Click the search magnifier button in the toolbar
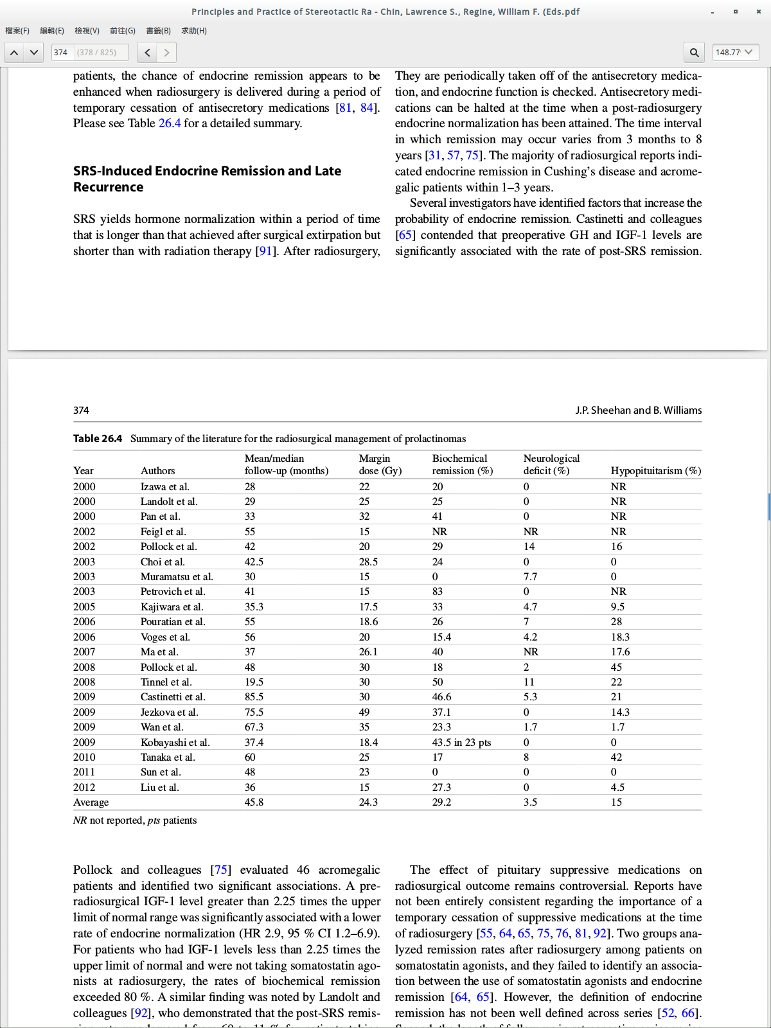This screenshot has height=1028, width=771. click(694, 53)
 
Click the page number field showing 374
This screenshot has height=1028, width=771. click(62, 53)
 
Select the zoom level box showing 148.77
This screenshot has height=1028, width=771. click(735, 53)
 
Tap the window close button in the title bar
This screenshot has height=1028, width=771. click(758, 12)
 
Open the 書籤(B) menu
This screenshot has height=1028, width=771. click(158, 31)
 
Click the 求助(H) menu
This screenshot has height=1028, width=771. click(194, 31)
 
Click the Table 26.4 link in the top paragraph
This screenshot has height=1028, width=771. click(170, 123)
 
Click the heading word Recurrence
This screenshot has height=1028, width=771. click(108, 187)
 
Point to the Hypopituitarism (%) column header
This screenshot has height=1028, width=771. click(655, 471)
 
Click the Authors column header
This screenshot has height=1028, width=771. click(157, 471)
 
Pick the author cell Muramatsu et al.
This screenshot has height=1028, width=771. click(177, 577)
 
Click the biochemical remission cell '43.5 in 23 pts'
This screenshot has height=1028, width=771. click(461, 742)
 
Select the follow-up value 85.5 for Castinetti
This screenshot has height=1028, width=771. click(254, 697)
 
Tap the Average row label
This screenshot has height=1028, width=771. click(91, 802)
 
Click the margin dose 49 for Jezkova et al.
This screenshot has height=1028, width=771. click(364, 712)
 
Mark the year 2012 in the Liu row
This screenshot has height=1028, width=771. click(84, 787)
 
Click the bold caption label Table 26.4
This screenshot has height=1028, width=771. click(98, 439)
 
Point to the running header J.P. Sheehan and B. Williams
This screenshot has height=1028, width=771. click(638, 411)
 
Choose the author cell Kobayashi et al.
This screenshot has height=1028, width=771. click(175, 742)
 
